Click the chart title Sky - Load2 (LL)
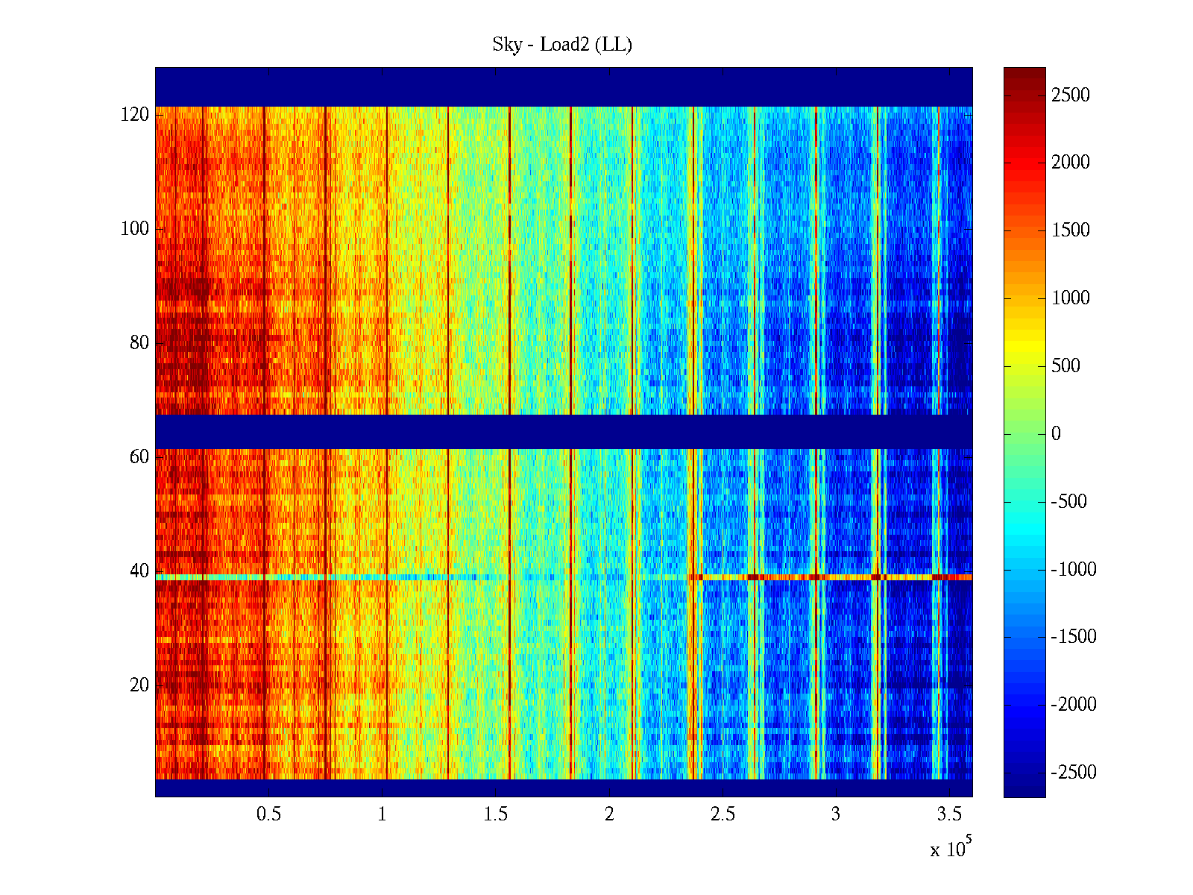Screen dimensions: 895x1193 tap(562, 45)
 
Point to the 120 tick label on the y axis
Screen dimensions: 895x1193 tap(135, 115)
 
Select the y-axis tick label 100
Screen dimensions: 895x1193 tap(135, 229)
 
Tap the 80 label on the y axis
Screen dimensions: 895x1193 tap(139, 343)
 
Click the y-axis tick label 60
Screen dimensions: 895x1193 tap(139, 457)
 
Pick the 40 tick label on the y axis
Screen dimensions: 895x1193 tap(139, 571)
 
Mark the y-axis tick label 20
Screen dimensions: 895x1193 tap(139, 685)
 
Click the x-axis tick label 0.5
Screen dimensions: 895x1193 tap(268, 814)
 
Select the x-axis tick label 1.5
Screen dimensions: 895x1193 tap(495, 814)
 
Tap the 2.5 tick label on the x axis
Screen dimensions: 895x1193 tap(722, 814)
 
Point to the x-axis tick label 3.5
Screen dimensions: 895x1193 tap(948, 814)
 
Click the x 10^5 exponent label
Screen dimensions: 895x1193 tap(951, 848)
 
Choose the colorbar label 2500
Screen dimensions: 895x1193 tap(1070, 95)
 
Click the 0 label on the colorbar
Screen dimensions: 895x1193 tap(1056, 434)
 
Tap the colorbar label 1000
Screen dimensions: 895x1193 tap(1070, 298)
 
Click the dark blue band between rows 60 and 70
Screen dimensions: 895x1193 tap(563, 431)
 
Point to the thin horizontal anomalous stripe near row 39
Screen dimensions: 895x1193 tap(563, 577)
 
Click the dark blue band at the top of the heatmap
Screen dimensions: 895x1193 tap(563, 87)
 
